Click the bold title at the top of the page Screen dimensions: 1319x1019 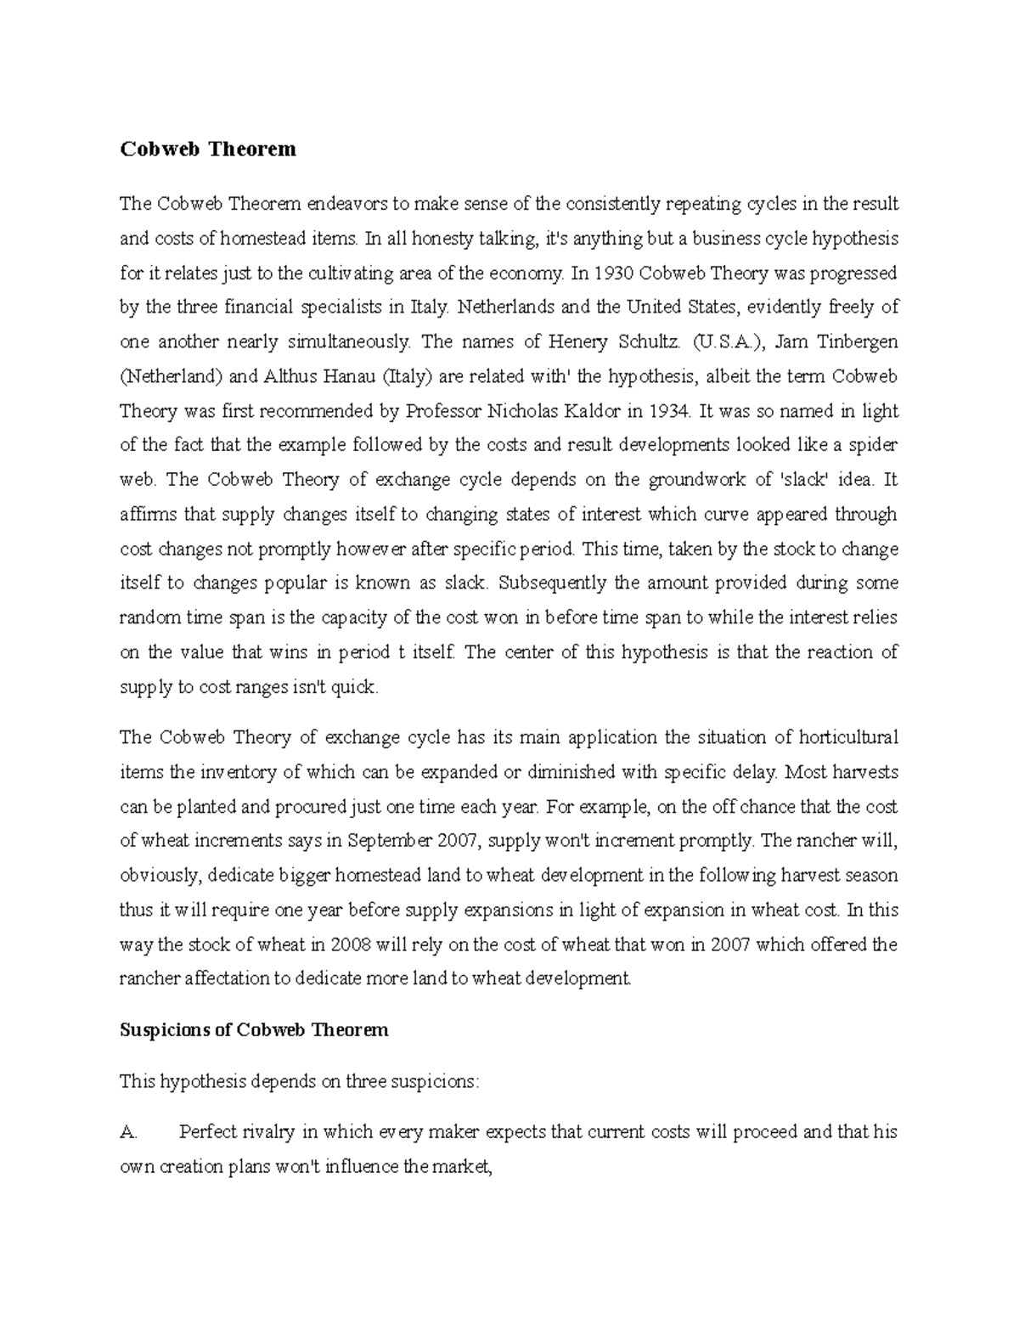pos(208,149)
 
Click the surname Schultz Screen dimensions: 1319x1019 pos(647,341)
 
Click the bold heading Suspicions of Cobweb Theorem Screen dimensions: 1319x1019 pos(255,1030)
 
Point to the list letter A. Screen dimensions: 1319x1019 pos(128,1132)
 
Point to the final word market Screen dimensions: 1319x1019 pos(462,1167)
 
